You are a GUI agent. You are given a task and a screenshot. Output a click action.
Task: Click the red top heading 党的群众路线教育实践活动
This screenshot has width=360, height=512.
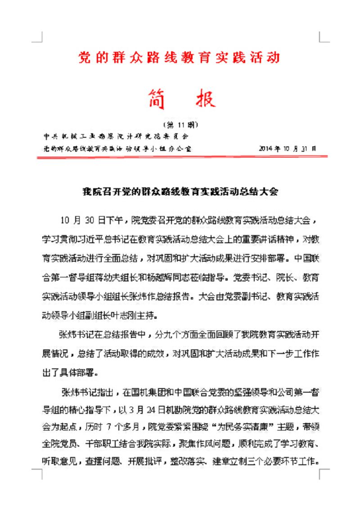pos(180,58)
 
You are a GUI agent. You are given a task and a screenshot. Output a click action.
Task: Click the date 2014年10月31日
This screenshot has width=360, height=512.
pos(288,148)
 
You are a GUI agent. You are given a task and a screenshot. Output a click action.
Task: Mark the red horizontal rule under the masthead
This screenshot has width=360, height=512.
pos(180,156)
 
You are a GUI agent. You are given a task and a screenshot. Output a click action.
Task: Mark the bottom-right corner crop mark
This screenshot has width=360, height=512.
pos(323,473)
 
